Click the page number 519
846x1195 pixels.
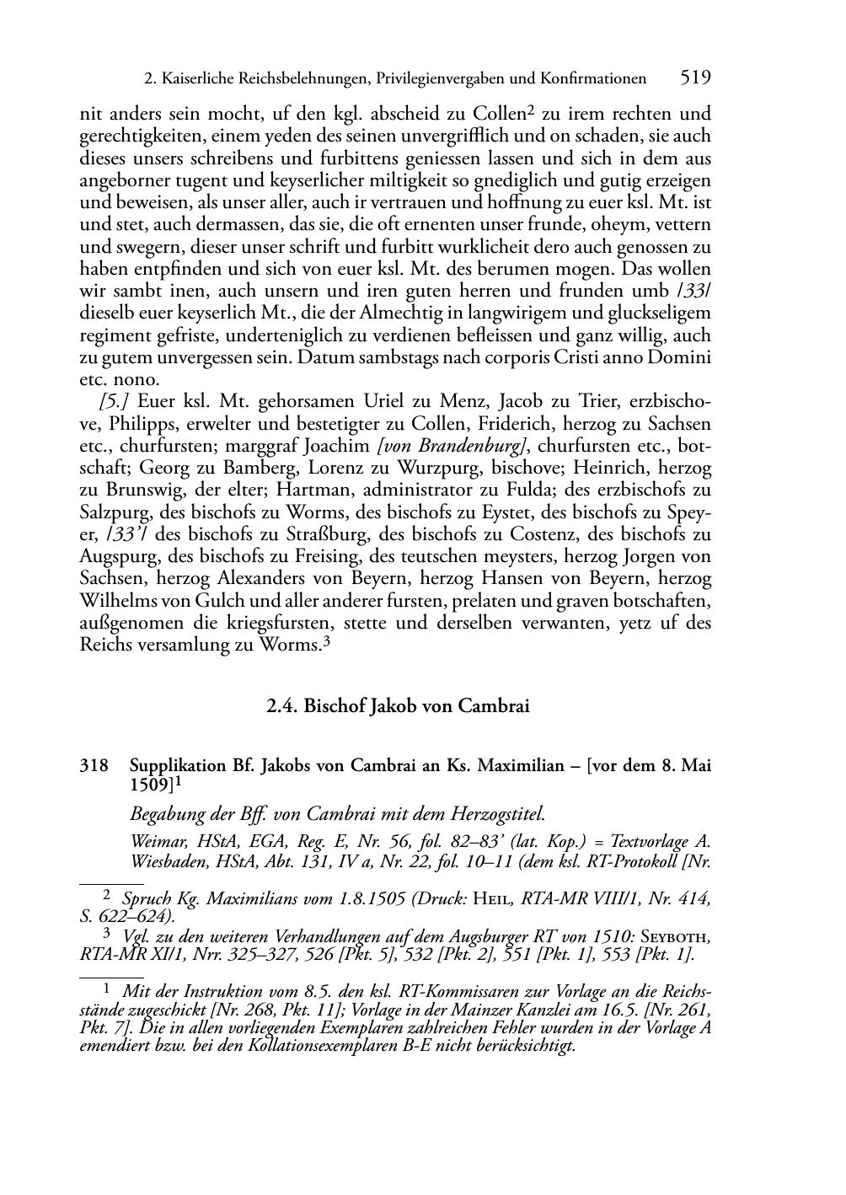click(x=695, y=78)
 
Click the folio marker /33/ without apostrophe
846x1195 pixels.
click(x=694, y=292)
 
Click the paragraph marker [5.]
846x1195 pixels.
click(x=114, y=401)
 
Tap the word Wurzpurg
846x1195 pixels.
click(x=436, y=468)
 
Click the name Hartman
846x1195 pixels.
click(x=277, y=490)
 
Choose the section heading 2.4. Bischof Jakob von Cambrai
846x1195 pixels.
click(x=397, y=706)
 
